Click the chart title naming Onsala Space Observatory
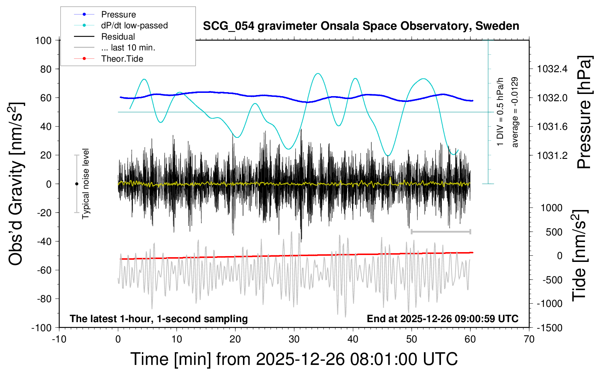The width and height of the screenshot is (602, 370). point(361,26)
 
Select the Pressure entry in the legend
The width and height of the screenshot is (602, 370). point(118,15)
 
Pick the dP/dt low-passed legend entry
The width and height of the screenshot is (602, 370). point(134,25)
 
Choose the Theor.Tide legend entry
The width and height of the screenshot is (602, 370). point(122,59)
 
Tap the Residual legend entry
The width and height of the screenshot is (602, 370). point(118,37)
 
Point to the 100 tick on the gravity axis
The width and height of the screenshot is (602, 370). point(43,40)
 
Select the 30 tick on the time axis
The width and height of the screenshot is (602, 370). point(294,340)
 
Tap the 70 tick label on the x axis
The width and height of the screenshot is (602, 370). point(529,340)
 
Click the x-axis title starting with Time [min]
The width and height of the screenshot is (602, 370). point(294,359)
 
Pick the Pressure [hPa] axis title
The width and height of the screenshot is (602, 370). point(584,112)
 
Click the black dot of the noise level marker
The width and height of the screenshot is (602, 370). point(77,184)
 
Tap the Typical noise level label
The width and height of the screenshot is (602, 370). point(86,184)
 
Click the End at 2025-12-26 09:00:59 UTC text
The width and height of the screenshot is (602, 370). point(442,319)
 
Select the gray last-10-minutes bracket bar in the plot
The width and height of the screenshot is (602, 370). point(441,231)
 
